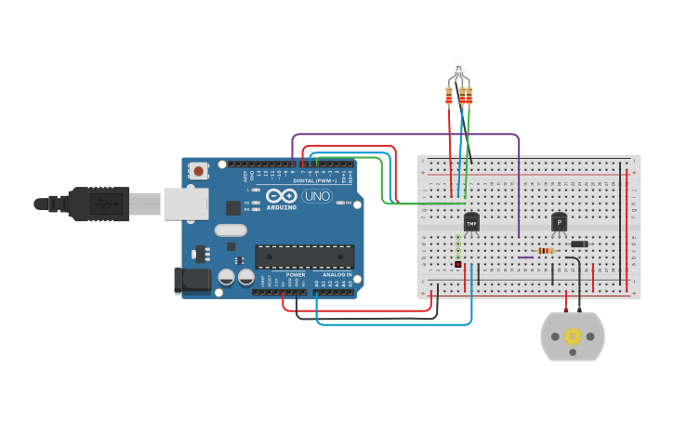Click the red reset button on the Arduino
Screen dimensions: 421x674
point(198,170)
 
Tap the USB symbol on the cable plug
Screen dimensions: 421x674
point(104,204)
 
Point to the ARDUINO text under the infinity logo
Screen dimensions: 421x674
point(282,206)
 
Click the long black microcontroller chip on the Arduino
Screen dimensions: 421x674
point(304,257)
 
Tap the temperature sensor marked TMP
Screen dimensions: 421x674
point(471,223)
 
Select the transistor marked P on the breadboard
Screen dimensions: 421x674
point(559,222)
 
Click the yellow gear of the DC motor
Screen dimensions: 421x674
point(573,336)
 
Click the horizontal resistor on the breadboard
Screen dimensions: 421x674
point(546,251)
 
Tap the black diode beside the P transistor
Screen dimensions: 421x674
point(579,244)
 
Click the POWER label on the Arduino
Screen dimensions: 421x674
point(296,275)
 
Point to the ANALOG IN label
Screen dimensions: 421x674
point(336,275)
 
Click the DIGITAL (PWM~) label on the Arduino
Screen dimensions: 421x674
point(312,180)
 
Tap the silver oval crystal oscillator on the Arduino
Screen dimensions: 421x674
point(231,230)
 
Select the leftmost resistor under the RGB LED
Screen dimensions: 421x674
point(449,96)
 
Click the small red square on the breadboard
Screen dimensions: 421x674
point(458,265)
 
